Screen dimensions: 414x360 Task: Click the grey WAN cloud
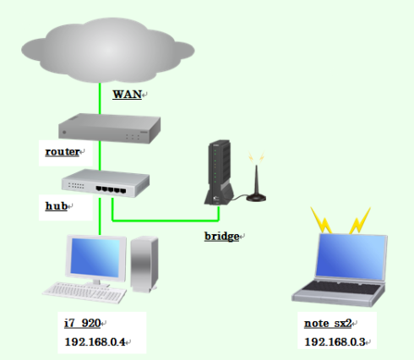108,50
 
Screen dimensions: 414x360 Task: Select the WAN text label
127,95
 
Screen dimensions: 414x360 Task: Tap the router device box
109,128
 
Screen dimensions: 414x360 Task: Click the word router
63,151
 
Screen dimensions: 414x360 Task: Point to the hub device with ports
106,183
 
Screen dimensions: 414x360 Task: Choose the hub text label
57,206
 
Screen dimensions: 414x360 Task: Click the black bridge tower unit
219,172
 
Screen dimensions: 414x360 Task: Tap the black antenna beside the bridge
256,183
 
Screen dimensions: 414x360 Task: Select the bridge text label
222,237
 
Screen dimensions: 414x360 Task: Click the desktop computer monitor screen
95,258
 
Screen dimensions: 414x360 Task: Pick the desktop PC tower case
144,265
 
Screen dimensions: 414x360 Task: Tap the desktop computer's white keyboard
84,293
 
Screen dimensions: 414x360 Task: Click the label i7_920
83,323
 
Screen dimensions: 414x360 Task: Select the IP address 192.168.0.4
95,342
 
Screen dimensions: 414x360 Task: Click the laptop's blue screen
351,257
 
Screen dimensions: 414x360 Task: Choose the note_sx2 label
328,324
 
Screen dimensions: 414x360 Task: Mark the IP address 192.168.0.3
335,342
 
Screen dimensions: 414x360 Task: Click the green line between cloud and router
100,99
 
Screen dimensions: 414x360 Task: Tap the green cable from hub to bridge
166,220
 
